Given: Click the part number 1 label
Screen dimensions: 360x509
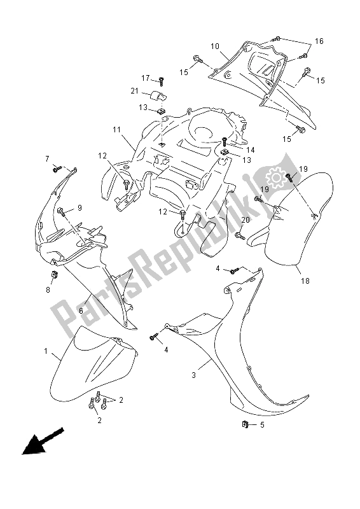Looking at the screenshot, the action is (x=46, y=351).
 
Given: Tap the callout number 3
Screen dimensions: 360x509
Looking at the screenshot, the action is (x=194, y=375).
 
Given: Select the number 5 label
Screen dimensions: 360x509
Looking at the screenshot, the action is (x=262, y=424).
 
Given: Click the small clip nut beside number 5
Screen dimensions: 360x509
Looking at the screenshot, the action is (x=245, y=424).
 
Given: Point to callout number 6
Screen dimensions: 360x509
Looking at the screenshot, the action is (x=81, y=310).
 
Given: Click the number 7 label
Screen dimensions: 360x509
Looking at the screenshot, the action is (x=47, y=158).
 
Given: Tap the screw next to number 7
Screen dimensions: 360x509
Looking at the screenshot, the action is (x=57, y=169).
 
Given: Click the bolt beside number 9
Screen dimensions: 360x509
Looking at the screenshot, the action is (x=62, y=213).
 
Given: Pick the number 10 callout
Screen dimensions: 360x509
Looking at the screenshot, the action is (x=215, y=46).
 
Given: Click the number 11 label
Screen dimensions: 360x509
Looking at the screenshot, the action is (x=116, y=130).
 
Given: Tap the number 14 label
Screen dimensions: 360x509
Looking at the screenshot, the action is (x=250, y=150).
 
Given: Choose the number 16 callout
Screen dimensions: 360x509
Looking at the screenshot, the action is (x=319, y=41).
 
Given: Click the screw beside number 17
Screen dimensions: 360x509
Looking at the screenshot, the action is (x=162, y=80).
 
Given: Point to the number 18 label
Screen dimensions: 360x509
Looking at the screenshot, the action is (x=305, y=281).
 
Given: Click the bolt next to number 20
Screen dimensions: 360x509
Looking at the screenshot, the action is (x=240, y=235).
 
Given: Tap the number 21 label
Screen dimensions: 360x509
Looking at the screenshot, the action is (x=134, y=91).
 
